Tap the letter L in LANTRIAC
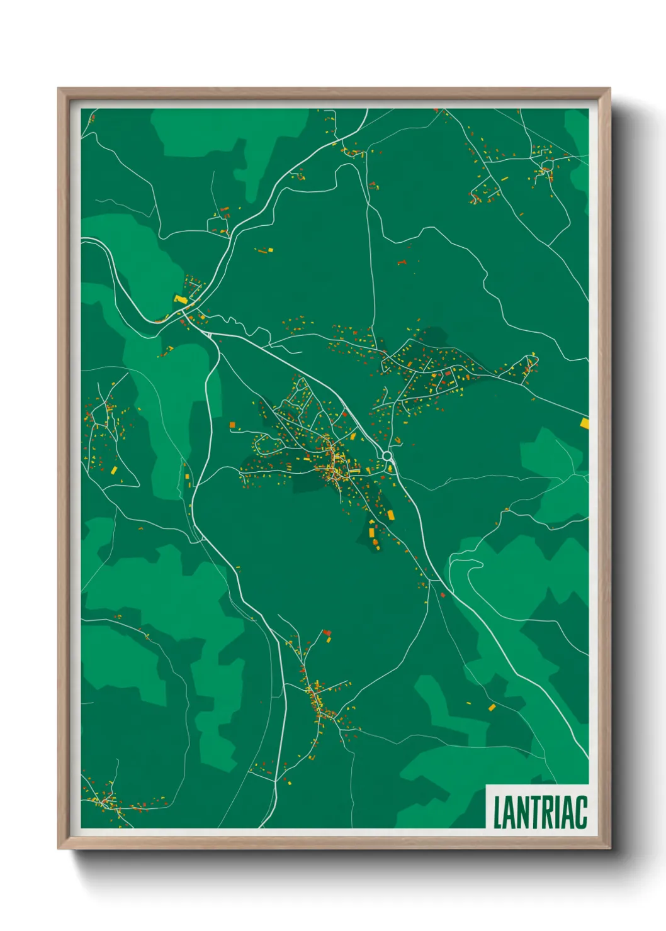(497, 813)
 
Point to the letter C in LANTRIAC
(581, 813)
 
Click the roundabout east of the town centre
(387, 455)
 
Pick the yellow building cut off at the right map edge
(585, 423)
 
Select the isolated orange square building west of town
(232, 425)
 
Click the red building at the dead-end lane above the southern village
(326, 632)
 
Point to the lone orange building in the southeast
(492, 707)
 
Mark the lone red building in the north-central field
(401, 262)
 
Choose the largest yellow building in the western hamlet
(114, 469)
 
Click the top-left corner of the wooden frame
(59, 89)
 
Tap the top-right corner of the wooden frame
(610, 89)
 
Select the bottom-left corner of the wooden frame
(59, 849)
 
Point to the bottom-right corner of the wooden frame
(610, 849)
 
